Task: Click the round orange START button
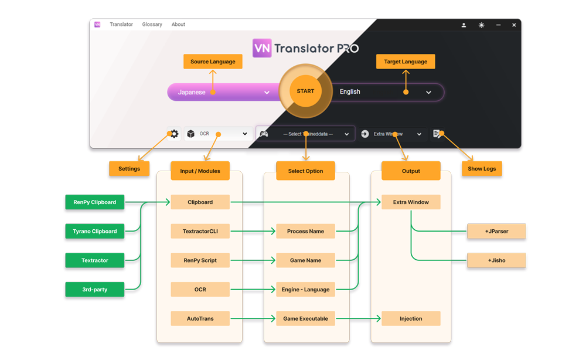pyautogui.click(x=305, y=91)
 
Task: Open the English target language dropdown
pyautogui.click(x=387, y=92)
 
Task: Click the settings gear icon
pyautogui.click(x=174, y=134)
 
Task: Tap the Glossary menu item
pyautogui.click(x=152, y=25)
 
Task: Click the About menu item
pyautogui.click(x=178, y=25)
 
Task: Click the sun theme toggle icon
pyautogui.click(x=481, y=25)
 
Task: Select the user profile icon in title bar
pyautogui.click(x=464, y=25)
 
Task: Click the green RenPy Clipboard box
pyautogui.click(x=95, y=202)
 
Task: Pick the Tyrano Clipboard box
pyautogui.click(x=95, y=231)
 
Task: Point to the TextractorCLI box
pyautogui.click(x=200, y=231)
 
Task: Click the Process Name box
pyautogui.click(x=305, y=231)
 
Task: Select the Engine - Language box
pyautogui.click(x=305, y=290)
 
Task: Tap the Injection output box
pyautogui.click(x=411, y=319)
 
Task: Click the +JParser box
pyautogui.click(x=496, y=231)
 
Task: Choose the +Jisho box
pyautogui.click(x=496, y=260)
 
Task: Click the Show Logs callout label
pyautogui.click(x=482, y=169)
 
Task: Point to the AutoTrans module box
pyautogui.click(x=200, y=319)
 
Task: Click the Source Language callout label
pyautogui.click(x=213, y=62)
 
